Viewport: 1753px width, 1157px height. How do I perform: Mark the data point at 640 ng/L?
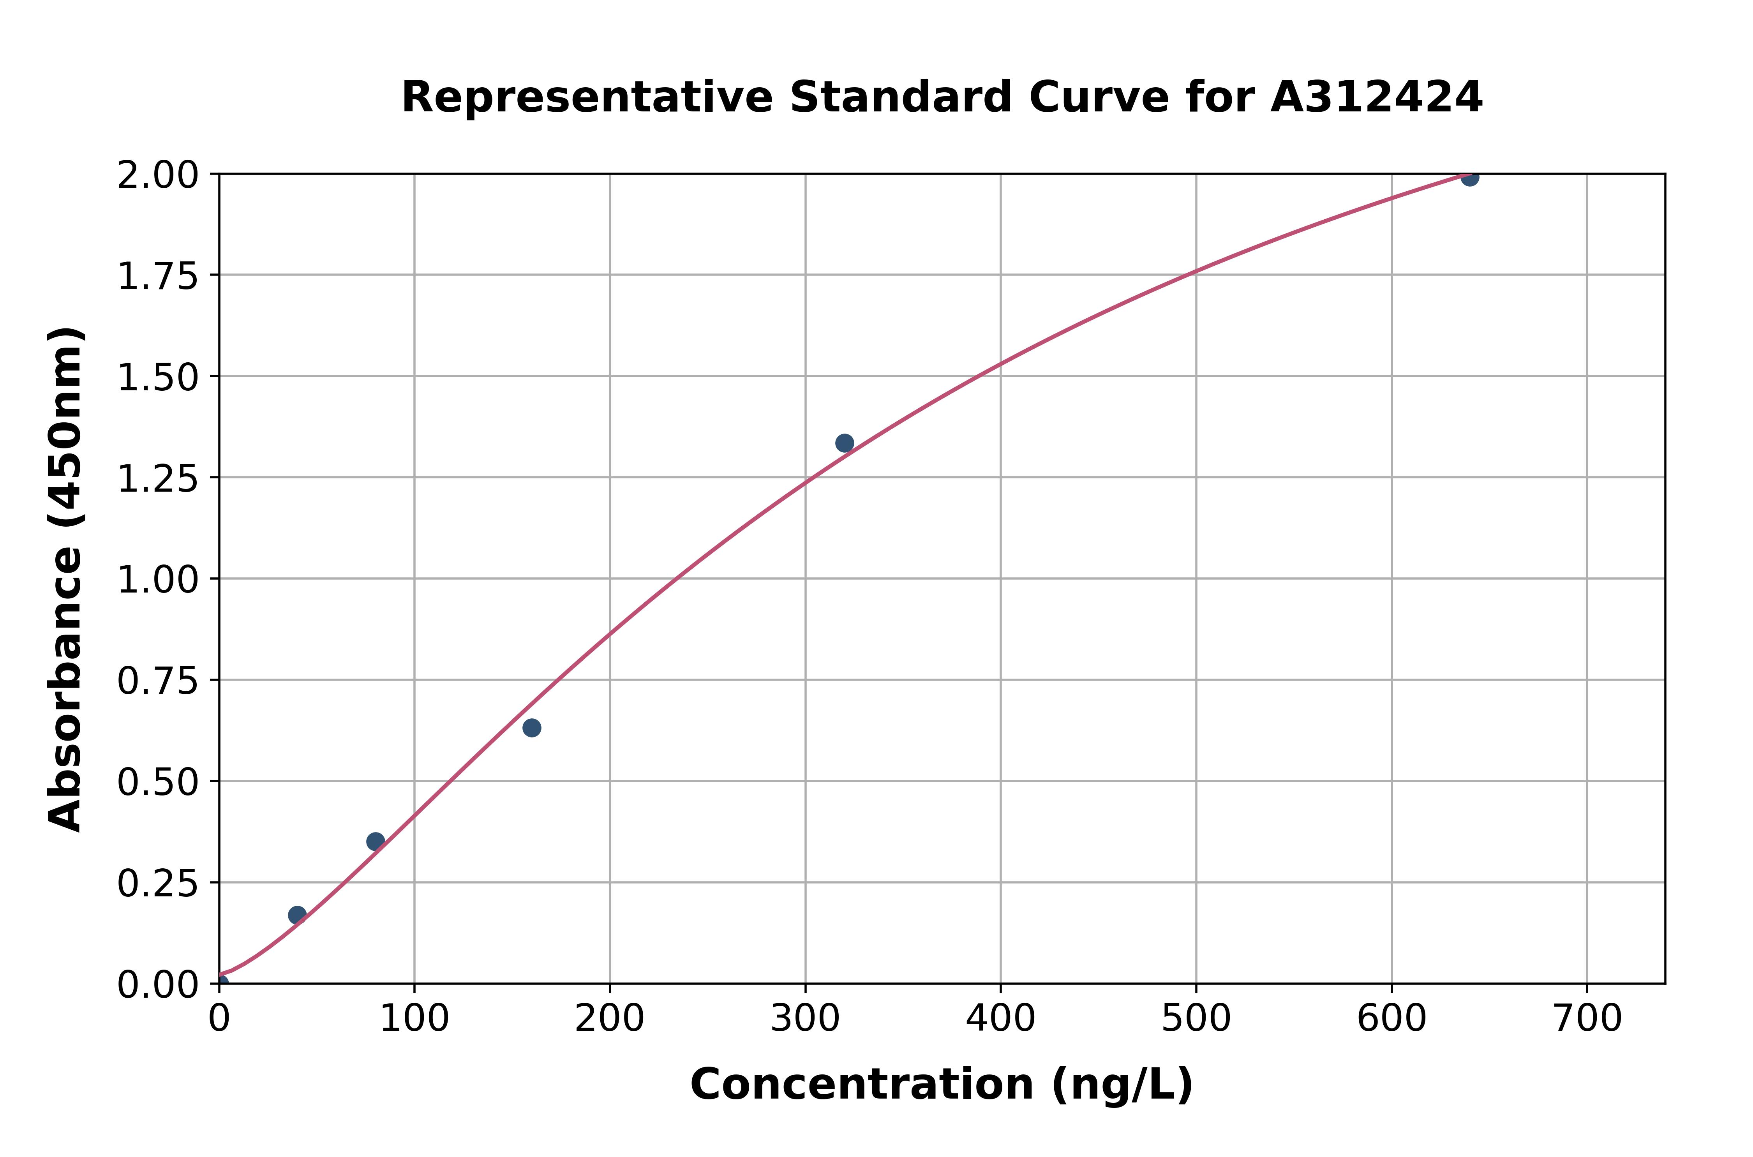(1470, 177)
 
